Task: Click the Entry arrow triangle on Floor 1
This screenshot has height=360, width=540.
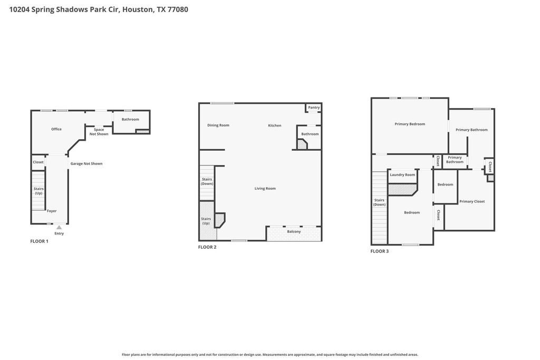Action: [59, 227]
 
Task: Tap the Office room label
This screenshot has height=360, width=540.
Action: [56, 129]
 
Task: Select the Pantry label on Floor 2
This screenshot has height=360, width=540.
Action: [314, 108]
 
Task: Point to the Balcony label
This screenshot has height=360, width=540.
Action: [294, 231]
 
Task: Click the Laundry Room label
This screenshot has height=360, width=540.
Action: [402, 175]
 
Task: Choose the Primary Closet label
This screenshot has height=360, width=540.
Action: [472, 201]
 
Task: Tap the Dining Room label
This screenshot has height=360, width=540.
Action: [218, 125]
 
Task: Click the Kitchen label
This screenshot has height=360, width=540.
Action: [274, 125]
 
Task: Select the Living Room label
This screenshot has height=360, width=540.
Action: [265, 189]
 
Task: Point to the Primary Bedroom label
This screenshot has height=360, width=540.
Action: [409, 124]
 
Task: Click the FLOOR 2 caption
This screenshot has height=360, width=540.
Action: [207, 247]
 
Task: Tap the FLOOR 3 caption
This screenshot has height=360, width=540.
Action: [380, 251]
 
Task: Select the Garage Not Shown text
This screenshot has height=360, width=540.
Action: [86, 164]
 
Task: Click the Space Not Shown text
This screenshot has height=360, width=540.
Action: [99, 132]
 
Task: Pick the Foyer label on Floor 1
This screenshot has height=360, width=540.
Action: [52, 211]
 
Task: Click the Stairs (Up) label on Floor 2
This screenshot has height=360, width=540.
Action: [206, 221]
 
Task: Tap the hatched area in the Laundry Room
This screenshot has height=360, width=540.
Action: [402, 189]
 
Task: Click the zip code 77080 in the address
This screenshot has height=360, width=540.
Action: [178, 9]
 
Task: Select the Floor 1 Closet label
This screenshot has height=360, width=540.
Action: [38, 162]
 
